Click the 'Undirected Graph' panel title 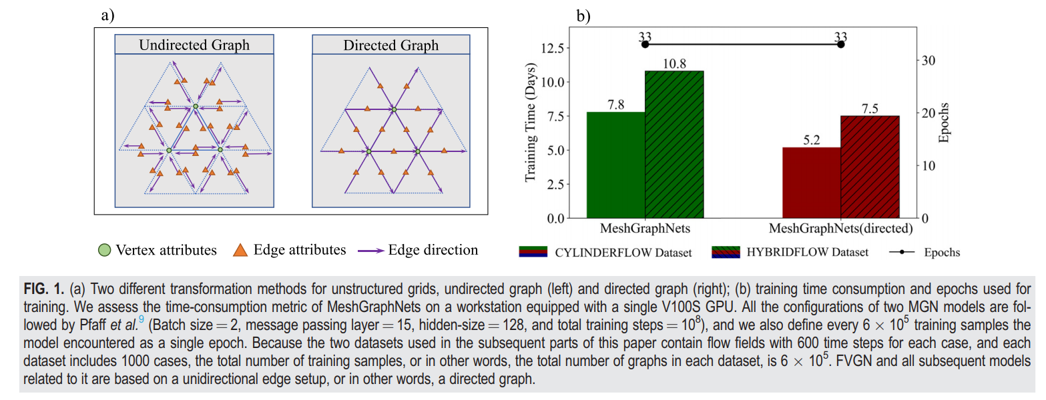[194, 45]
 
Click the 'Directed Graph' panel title [391, 45]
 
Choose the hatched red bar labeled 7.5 [870, 167]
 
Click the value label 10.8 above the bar [674, 63]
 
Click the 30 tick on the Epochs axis [929, 60]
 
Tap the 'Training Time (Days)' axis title [531, 129]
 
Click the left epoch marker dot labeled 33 [645, 44]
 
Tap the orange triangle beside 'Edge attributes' [240, 251]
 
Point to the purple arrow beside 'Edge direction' [370, 251]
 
